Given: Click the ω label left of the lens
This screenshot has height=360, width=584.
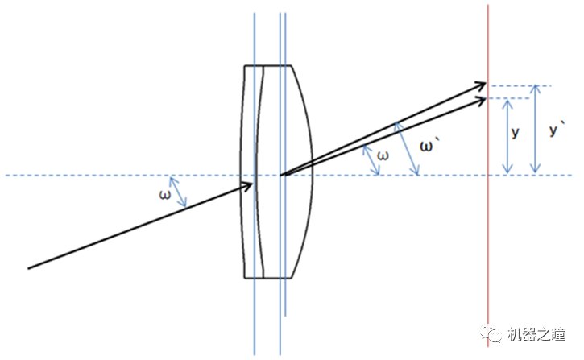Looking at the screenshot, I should (x=165, y=193).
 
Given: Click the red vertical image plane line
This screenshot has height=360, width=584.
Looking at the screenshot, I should (x=488, y=242).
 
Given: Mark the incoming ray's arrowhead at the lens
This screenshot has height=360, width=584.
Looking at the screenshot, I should (x=251, y=185).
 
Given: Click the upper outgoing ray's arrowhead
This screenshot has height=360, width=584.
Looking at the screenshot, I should (x=483, y=85).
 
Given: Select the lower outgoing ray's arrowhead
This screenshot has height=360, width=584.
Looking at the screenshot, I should (x=483, y=99).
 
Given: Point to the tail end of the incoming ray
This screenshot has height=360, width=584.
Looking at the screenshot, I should (x=29, y=267).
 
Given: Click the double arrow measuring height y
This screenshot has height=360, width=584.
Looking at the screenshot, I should (x=507, y=136).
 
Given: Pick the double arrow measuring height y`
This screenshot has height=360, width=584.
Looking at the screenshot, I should (x=535, y=130).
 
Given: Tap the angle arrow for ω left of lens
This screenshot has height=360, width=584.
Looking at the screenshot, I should (x=180, y=192).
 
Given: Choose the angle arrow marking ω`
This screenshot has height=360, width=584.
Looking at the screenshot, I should (x=408, y=148).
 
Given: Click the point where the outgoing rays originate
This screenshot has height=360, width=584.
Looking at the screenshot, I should (x=280, y=175).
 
